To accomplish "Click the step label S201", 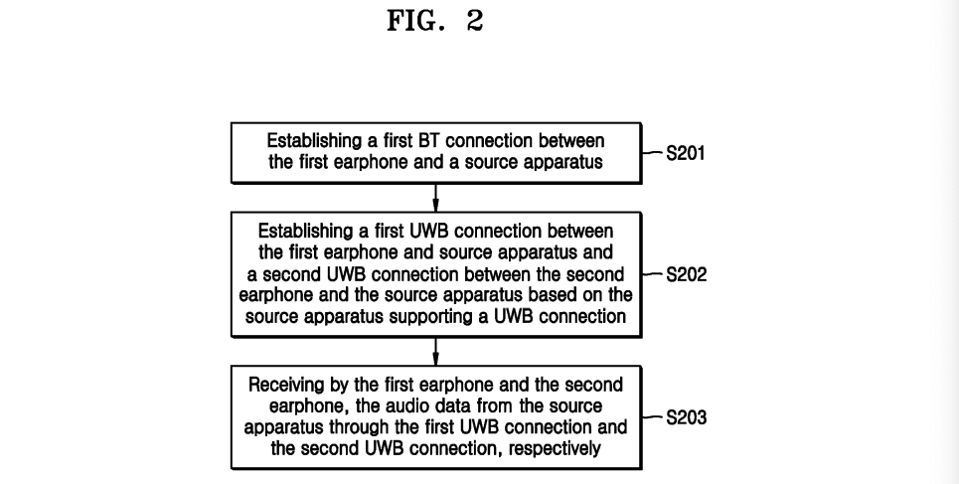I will point(686,154).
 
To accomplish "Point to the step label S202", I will point(686,274).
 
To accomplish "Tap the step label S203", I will point(686,417).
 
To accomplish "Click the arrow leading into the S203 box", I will point(435,354).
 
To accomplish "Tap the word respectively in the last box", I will point(551,449).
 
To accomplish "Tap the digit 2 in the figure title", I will point(474,22).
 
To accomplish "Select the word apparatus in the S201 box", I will point(565,163).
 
